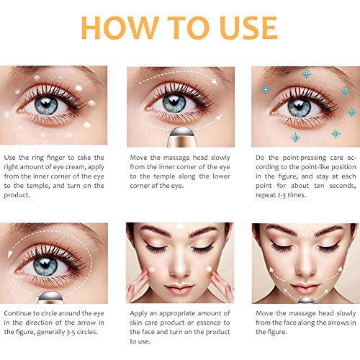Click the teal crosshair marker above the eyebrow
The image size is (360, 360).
coord(306,74)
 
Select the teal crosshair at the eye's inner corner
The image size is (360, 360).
coord(266,90)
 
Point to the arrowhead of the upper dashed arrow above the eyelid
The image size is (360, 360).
coord(215,81)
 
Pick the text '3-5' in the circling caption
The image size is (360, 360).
coord(70,333)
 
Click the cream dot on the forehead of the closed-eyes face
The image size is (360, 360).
coord(180,226)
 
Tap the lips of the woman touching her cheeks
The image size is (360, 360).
coord(179,288)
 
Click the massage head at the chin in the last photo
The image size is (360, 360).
coord(306,300)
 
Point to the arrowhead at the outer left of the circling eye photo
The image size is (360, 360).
coord(10,254)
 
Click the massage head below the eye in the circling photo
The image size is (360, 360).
coord(50,297)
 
